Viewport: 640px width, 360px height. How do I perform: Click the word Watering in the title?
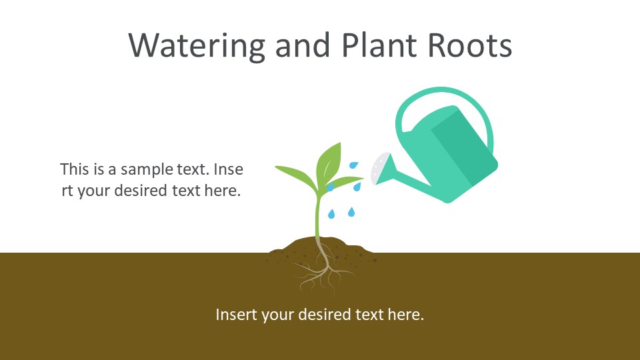197,45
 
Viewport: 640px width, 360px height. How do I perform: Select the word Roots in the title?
470,45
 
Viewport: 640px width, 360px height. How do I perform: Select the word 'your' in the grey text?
94,191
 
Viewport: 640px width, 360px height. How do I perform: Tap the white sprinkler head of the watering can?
379,168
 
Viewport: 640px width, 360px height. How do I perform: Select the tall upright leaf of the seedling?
329,163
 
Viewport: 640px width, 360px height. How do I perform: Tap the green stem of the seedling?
318,215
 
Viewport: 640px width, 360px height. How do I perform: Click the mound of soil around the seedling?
321,248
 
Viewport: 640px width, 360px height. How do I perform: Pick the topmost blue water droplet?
353,165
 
